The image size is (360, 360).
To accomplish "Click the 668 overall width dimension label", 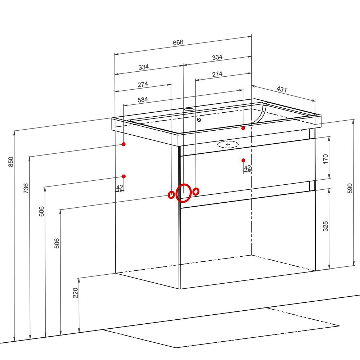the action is [x=178, y=42].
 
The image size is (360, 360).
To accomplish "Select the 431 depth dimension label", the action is [x=282, y=89].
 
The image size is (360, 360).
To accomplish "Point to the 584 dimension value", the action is [x=143, y=100].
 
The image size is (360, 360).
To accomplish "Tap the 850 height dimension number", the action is [x=11, y=162].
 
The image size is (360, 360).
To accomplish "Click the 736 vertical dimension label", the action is [x=26, y=188].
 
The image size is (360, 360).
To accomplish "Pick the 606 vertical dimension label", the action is [x=41, y=211].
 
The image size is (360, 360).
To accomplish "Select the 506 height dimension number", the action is [x=57, y=243].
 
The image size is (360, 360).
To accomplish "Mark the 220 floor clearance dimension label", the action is [x=76, y=293].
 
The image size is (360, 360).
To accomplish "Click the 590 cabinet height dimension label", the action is [x=350, y=188].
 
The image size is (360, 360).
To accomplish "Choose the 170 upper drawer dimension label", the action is [x=325, y=159].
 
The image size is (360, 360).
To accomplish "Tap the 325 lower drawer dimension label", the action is [x=325, y=226].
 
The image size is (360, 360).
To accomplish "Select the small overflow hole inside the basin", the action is [x=199, y=120].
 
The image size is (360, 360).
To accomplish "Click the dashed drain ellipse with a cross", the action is [x=228, y=144].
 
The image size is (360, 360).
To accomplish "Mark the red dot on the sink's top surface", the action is [x=243, y=129].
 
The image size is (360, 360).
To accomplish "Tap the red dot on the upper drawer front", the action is [x=243, y=160].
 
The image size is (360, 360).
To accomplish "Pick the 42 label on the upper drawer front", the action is [x=247, y=168].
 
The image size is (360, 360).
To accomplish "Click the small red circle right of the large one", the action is [x=196, y=191].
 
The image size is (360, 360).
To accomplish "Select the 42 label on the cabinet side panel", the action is [x=120, y=188].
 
